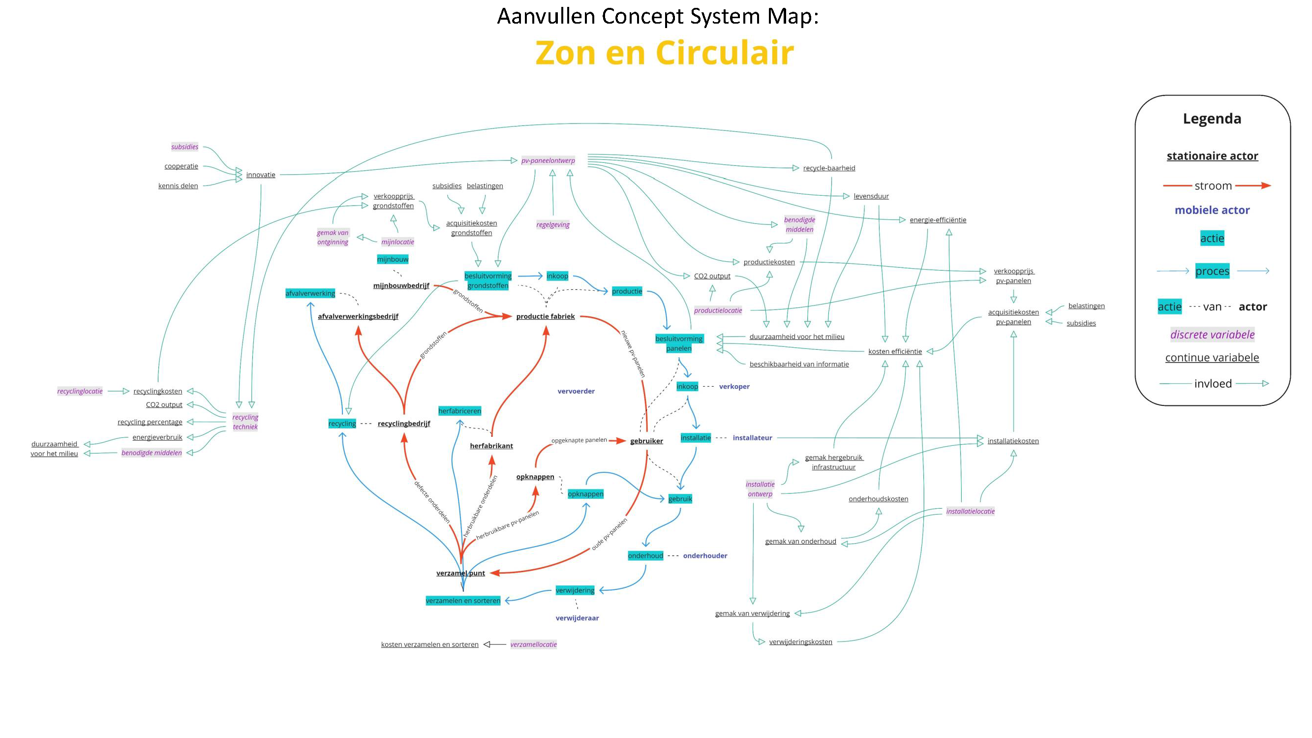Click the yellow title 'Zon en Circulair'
[x=664, y=53]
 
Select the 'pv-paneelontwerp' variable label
[x=548, y=160]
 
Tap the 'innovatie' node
[x=260, y=175]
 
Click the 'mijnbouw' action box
[x=392, y=259]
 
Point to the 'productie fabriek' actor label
[x=545, y=316]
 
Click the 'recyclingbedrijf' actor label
[x=403, y=423]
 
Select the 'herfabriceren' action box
[x=459, y=410]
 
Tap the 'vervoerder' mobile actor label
[x=576, y=391]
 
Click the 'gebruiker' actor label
[x=646, y=441]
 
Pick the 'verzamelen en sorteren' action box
[x=462, y=600]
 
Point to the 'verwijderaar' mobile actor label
[x=577, y=618]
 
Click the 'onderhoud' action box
[x=645, y=555]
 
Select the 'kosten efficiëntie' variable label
[x=894, y=351]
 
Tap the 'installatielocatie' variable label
[x=970, y=511]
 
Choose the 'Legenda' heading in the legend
[x=1212, y=119]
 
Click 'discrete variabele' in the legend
[x=1212, y=335]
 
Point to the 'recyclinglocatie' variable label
[x=80, y=391]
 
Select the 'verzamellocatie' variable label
[x=533, y=645]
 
